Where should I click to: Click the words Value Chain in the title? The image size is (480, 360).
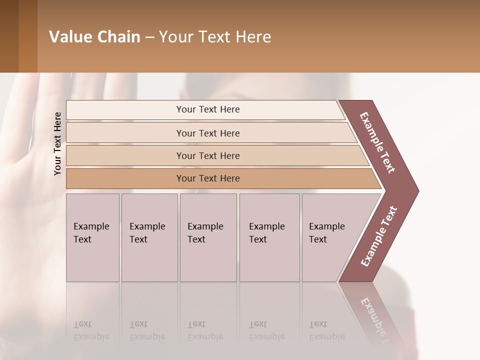[x=94, y=37]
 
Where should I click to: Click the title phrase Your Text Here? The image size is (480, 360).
[x=215, y=37]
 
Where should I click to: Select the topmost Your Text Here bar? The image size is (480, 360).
[x=207, y=109]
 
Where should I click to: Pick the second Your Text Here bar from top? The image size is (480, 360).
[x=207, y=133]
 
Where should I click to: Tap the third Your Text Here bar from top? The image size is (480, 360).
[x=207, y=155]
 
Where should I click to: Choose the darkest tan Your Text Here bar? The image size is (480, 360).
[x=207, y=178]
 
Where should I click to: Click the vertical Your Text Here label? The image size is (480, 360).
[x=58, y=143]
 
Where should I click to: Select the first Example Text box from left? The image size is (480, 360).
[x=92, y=237]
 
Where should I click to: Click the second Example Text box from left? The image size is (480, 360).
[x=149, y=237]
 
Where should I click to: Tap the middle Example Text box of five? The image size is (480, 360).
[x=208, y=237]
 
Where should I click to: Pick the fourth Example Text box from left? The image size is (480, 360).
[x=269, y=237]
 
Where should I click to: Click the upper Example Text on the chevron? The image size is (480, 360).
[x=377, y=142]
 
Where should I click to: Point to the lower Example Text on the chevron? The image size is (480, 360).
[x=379, y=236]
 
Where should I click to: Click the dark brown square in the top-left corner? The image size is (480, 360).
[x=9, y=36]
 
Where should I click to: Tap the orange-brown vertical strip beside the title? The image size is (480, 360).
[x=28, y=36]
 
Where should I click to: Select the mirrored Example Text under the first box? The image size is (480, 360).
[x=91, y=330]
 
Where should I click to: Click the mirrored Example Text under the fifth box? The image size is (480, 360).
[x=327, y=330]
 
